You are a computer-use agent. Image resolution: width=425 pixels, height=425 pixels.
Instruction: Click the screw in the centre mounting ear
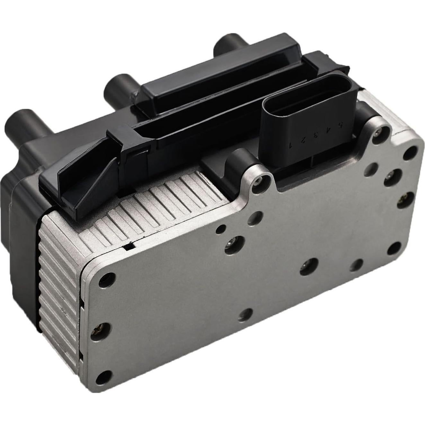(x=259, y=182)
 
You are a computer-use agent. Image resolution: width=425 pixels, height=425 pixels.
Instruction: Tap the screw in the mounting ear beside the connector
(x=380, y=131)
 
